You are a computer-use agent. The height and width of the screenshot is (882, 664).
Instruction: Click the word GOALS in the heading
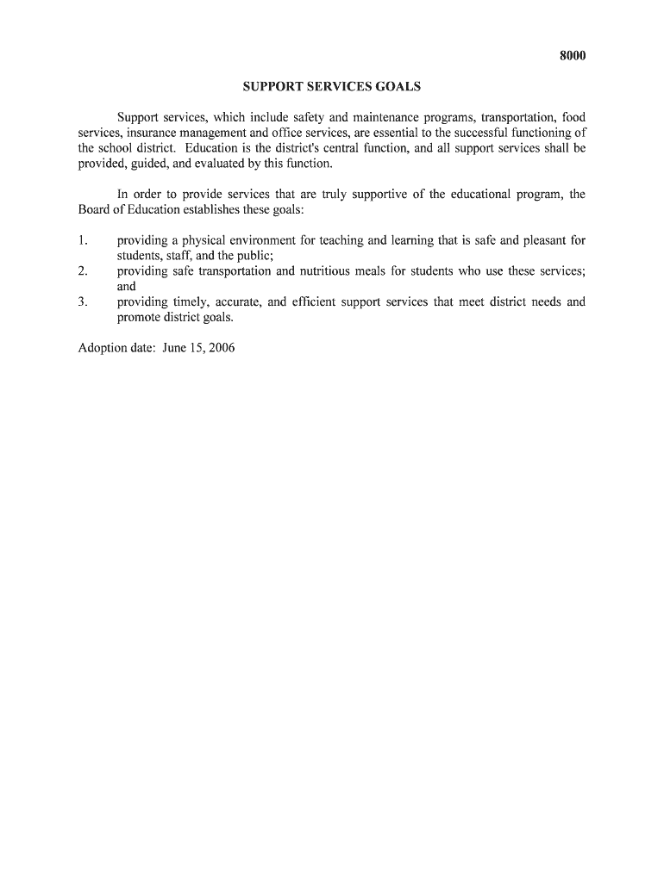395,87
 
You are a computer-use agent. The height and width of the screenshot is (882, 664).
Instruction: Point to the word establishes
212,210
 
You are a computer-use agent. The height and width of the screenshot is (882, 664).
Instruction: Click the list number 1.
82,240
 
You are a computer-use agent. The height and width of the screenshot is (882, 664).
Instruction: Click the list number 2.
82,271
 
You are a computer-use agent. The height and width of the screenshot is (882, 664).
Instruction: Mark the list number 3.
82,302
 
